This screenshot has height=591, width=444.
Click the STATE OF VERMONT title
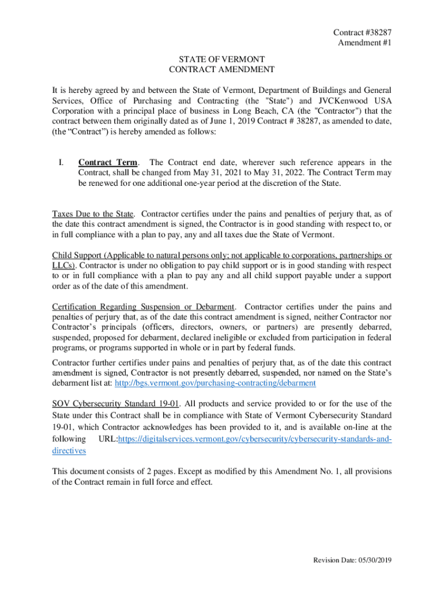[221, 59]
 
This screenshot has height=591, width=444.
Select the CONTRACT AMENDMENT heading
[221, 70]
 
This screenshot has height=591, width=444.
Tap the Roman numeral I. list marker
[62, 163]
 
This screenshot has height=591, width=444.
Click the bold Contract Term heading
[104, 163]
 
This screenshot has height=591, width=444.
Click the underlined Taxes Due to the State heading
[93, 214]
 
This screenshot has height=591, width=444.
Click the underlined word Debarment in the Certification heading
[215, 306]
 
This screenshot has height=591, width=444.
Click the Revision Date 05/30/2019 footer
[352, 560]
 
